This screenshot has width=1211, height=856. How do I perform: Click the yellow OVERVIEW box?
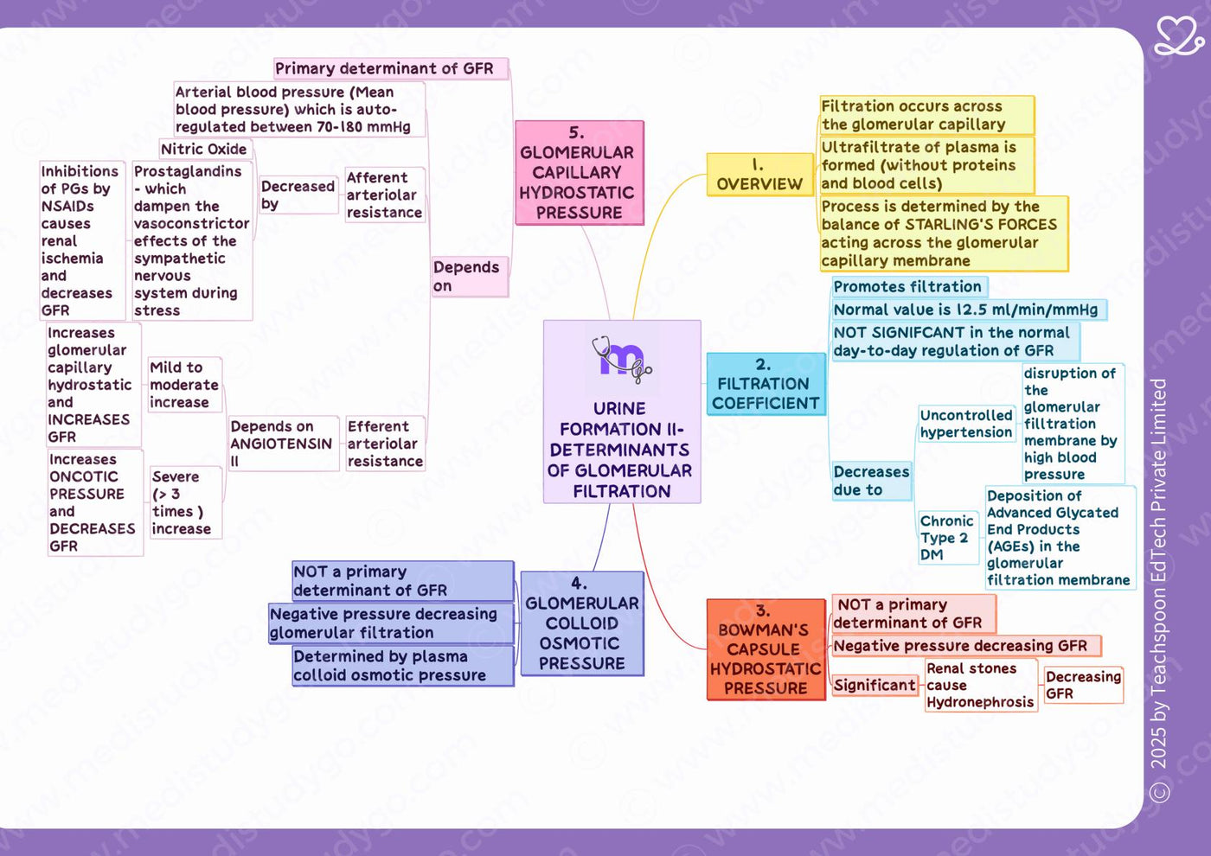(759, 175)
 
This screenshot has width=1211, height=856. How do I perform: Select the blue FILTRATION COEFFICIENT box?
(766, 384)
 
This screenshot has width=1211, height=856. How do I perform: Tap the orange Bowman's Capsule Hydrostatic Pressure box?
(766, 649)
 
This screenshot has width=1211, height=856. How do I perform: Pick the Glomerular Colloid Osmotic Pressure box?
(582, 623)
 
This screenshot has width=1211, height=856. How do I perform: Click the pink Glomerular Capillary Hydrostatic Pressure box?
(579, 172)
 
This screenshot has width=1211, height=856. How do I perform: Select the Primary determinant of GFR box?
(391, 68)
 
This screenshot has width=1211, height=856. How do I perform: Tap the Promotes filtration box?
(909, 286)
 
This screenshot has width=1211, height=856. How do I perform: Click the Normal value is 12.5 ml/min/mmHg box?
(969, 310)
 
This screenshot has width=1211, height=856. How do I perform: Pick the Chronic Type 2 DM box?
(948, 537)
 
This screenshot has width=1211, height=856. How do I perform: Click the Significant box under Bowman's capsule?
(875, 685)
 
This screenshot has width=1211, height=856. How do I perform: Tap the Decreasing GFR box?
(1083, 685)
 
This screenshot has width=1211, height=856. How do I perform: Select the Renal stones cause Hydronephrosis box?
(981, 685)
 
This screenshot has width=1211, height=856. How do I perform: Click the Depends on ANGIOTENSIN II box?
(284, 443)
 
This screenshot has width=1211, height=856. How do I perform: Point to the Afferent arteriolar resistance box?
(385, 195)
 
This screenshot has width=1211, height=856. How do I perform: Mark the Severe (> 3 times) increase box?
(185, 502)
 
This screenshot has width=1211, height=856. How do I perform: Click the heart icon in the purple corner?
(1178, 35)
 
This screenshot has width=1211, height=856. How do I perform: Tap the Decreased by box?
(298, 195)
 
